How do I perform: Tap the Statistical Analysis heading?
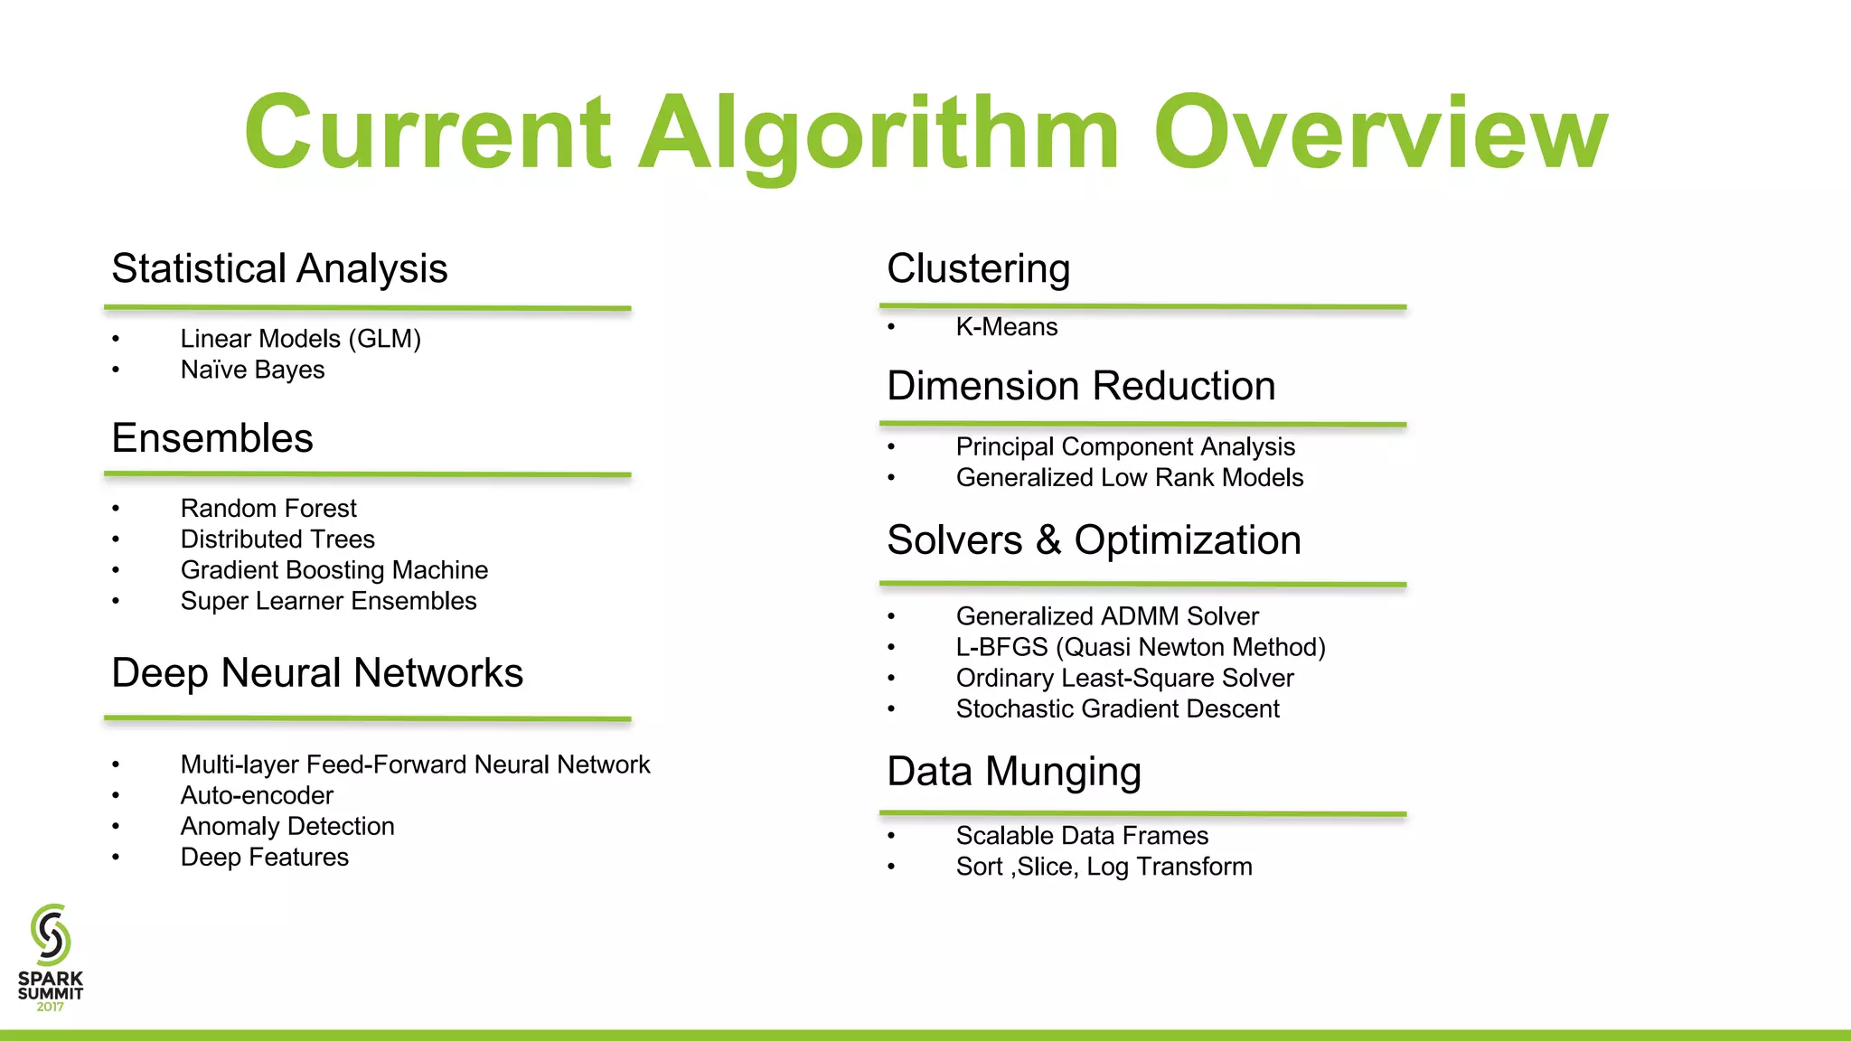[x=279, y=268]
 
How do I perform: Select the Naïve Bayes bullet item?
[x=252, y=370]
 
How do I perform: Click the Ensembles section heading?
[x=212, y=438]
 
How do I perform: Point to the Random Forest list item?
[x=268, y=508]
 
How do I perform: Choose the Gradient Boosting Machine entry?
[x=334, y=570]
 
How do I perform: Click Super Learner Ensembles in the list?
[x=328, y=601]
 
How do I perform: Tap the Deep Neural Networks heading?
[x=317, y=673]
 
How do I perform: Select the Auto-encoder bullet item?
[x=257, y=795]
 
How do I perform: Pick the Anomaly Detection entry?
[x=287, y=826]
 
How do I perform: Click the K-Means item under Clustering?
[x=1006, y=327]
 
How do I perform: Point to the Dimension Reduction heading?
[x=1081, y=386]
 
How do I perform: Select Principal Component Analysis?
[x=1125, y=446]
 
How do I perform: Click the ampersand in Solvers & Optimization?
[x=1048, y=540]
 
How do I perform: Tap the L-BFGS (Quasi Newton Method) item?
[x=1141, y=647]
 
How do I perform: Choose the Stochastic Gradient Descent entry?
[x=1117, y=709]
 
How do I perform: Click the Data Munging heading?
[x=1014, y=772]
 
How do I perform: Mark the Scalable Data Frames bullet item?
[x=1082, y=836]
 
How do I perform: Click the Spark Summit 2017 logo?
[x=51, y=958]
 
